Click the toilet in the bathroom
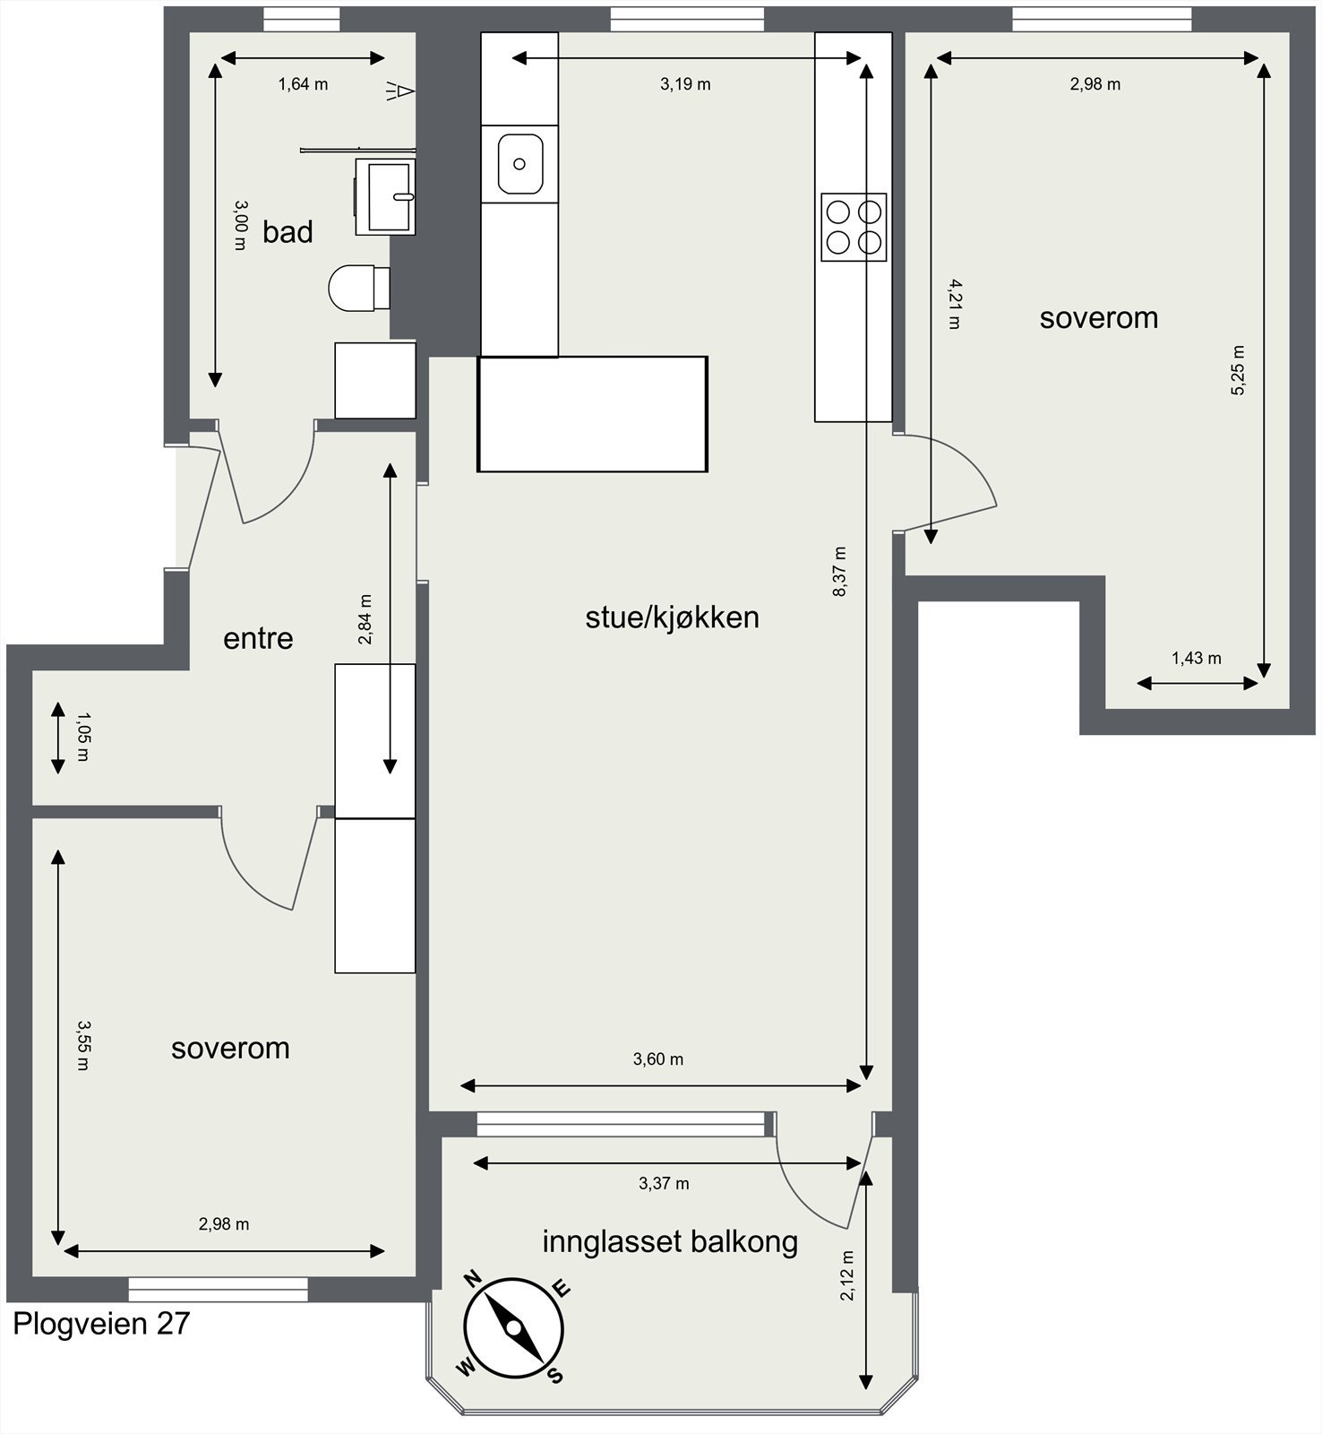[357, 287]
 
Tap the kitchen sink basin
[520, 163]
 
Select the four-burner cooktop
[854, 227]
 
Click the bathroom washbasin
[386, 196]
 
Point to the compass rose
[513, 1327]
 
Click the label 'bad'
[288, 232]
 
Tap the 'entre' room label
[258, 638]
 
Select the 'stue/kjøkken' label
[672, 617]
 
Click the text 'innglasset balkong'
[670, 1241]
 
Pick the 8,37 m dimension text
[839, 571]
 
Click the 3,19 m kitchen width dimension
[685, 84]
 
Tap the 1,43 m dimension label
[1196, 658]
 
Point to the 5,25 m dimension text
[1237, 370]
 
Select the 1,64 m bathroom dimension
[303, 84]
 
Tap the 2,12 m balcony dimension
[846, 1275]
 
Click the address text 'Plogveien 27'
[101, 1324]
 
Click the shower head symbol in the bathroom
[399, 91]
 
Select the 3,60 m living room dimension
[658, 1059]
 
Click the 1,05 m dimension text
[82, 736]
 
